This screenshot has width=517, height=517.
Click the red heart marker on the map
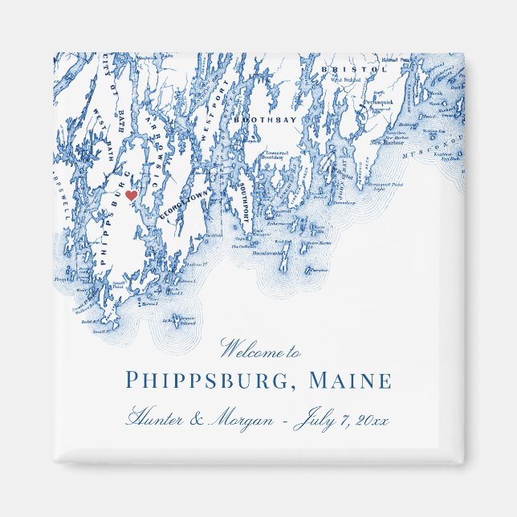tap(131, 195)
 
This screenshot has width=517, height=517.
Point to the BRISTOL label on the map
tap(343, 71)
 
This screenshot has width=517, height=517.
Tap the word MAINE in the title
tap(354, 381)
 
